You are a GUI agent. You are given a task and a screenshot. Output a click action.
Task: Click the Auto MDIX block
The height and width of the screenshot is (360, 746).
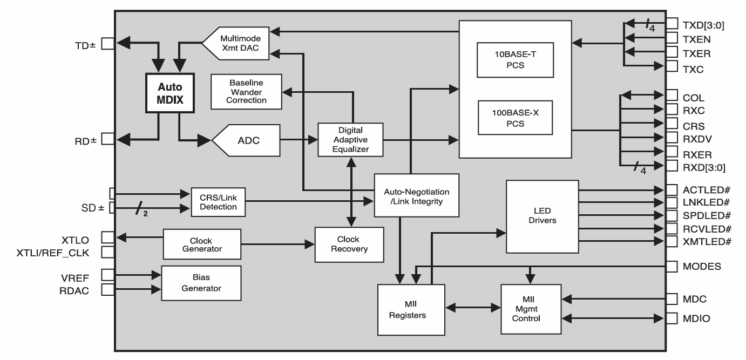coord(169,93)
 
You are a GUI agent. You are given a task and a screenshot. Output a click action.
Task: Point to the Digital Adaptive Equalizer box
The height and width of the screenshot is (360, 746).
coord(350,140)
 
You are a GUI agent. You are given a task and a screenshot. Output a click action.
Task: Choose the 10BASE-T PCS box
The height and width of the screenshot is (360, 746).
coord(515,60)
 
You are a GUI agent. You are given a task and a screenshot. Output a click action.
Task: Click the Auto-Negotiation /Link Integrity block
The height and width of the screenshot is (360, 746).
coord(416,195)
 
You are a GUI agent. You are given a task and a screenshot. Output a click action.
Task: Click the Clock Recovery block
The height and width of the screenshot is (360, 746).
coord(349,244)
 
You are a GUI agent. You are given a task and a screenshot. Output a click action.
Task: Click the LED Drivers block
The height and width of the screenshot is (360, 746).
coord(541,216)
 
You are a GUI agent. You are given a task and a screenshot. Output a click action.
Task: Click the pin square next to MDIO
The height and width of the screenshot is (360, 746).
coord(672,318)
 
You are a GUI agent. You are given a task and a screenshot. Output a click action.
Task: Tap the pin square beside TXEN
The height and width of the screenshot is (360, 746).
coord(672,38)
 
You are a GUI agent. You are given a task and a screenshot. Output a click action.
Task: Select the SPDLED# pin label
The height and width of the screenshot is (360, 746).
coord(706,215)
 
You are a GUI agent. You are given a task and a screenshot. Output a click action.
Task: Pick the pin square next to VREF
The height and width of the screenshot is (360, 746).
coord(107,275)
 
